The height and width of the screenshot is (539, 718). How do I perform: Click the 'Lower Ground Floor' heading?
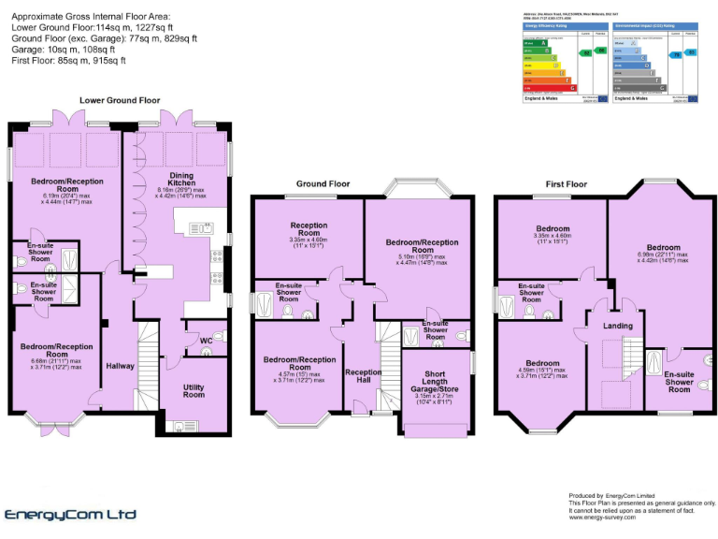(x=120, y=99)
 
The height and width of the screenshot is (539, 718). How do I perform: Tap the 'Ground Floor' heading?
(x=323, y=183)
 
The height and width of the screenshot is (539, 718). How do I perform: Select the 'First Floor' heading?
(x=565, y=183)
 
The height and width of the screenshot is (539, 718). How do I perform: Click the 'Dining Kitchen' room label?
(x=181, y=177)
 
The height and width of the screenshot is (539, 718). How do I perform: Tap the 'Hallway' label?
(x=120, y=366)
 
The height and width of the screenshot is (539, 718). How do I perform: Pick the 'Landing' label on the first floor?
(x=617, y=326)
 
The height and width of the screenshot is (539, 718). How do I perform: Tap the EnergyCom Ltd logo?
(x=71, y=515)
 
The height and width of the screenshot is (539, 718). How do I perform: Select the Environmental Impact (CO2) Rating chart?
(x=653, y=58)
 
